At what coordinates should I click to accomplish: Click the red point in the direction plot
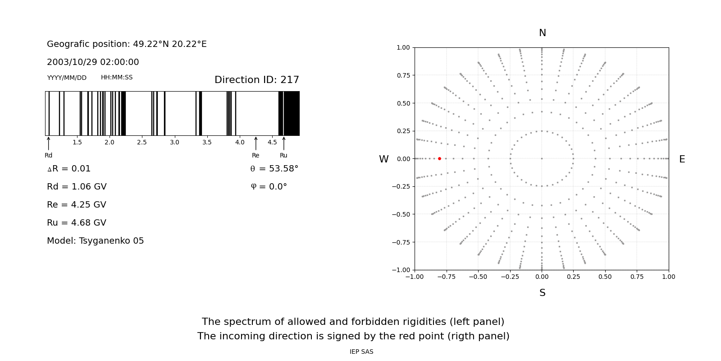point(439,158)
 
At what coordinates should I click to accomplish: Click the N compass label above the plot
point(543,33)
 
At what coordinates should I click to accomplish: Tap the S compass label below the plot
point(543,293)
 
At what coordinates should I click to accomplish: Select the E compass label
point(682,159)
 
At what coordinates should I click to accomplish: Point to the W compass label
point(383,159)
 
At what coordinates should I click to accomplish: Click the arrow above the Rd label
point(49,143)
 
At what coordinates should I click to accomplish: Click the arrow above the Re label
point(256,143)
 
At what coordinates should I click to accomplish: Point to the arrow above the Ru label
point(284,143)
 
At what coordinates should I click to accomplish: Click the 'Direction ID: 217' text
point(257,80)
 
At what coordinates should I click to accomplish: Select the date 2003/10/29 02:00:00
point(93,62)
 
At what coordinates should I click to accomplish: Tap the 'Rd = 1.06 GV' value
point(77,187)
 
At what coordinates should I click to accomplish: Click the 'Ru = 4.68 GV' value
point(77,223)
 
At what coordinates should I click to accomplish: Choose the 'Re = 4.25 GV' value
point(77,205)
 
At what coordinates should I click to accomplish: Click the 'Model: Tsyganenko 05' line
point(96,241)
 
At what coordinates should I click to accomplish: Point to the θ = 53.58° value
point(274,169)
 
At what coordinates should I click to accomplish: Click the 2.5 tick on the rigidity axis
point(142,142)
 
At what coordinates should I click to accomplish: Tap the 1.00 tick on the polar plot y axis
point(403,47)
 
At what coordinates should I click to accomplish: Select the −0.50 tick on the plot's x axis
point(478,277)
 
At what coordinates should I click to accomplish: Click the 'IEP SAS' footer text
point(361,352)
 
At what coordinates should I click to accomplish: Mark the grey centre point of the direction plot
point(542,158)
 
